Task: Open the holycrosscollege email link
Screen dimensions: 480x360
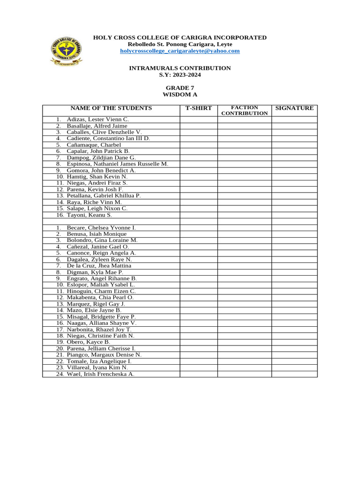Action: pos(180,51)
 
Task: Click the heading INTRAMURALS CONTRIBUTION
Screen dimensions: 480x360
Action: pos(180,68)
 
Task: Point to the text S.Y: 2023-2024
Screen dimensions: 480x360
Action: pos(180,75)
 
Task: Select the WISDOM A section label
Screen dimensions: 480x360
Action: pos(180,94)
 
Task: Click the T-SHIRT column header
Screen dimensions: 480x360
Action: pos(199,108)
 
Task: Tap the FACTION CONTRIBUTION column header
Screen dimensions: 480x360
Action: pos(244,111)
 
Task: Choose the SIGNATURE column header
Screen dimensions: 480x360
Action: pos(294,108)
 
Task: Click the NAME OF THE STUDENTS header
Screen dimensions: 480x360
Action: pos(111,108)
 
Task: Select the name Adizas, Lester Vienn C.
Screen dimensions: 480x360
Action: pos(97,120)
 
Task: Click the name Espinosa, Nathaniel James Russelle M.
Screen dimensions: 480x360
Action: pos(117,164)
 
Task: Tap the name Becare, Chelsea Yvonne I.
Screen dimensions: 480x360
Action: pos(101,227)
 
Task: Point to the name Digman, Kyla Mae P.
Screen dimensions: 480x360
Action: pos(95,272)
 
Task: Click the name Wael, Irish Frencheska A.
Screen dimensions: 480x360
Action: pos(101,374)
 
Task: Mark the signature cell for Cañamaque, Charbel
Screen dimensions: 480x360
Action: pos(294,145)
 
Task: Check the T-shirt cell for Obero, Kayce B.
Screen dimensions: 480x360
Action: pos(199,342)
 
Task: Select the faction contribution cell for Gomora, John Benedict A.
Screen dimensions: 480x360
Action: pos(244,171)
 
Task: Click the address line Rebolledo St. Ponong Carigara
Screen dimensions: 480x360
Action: pos(180,44)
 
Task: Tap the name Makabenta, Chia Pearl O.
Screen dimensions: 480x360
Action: pos(100,297)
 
